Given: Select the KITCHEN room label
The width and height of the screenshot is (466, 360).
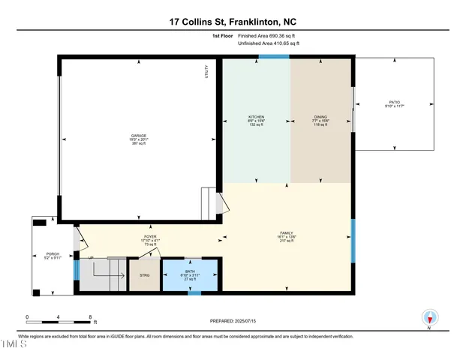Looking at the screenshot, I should click(257, 117).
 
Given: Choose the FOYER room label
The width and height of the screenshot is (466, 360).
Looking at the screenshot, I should click(150, 237).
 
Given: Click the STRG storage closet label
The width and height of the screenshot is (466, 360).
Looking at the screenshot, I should click(145, 275).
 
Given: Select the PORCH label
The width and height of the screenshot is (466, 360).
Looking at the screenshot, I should click(53, 253).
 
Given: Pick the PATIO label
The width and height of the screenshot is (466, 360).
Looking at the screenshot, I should click(394, 103).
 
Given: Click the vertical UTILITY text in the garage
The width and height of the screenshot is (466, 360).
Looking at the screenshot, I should click(206, 72).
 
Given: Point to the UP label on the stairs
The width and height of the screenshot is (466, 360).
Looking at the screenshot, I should click(92, 259).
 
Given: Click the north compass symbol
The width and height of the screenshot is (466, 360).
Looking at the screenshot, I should click(428, 318).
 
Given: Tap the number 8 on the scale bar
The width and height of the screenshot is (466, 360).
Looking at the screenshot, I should click(91, 316).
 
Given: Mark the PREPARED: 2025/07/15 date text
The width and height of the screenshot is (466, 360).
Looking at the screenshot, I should click(233, 321).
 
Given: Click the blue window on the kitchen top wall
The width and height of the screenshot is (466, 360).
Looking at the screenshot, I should click(269, 56).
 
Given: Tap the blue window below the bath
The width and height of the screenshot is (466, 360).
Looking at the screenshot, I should click(194, 292).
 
